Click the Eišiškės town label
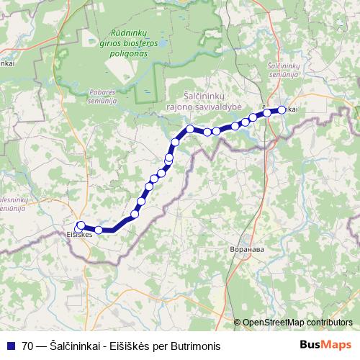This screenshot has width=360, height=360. coord(78,235)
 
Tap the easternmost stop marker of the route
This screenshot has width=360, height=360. coord(282,110)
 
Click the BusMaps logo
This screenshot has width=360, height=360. coord(325,346)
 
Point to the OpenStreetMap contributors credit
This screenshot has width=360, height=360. coord(297,323)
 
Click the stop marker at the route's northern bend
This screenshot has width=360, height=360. coord(190,129)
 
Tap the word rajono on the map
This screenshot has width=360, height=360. coord(189,104)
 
